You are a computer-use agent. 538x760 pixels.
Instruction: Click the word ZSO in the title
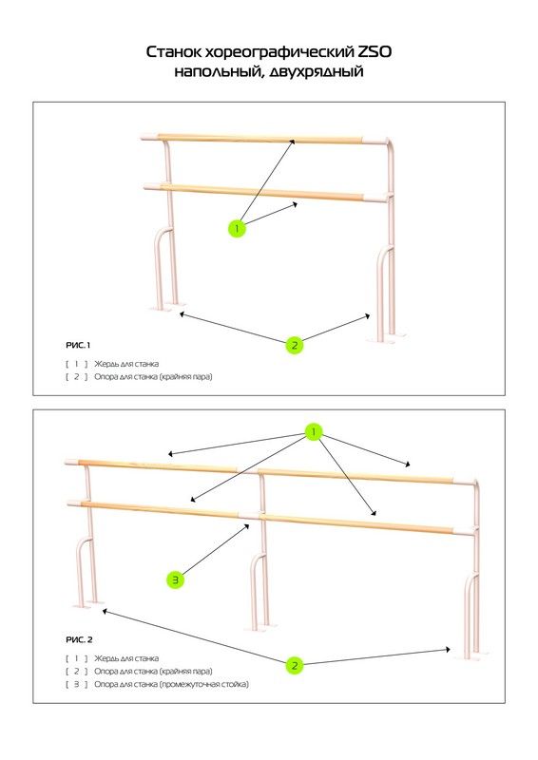(x=374, y=51)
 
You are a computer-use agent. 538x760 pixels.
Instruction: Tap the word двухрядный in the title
(x=316, y=72)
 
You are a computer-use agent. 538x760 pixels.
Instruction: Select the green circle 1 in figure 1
(x=237, y=228)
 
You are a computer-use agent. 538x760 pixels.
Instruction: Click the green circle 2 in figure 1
(x=294, y=346)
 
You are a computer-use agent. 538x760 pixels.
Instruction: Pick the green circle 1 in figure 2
(x=314, y=431)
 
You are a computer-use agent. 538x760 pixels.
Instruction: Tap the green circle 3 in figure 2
(x=176, y=579)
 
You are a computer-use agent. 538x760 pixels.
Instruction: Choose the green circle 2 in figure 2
(x=294, y=666)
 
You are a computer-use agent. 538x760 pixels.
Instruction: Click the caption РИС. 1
(x=78, y=345)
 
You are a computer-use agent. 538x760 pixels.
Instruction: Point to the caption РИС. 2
(x=79, y=639)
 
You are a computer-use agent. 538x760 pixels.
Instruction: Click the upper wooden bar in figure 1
(x=260, y=138)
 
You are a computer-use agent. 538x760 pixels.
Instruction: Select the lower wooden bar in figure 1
(x=262, y=192)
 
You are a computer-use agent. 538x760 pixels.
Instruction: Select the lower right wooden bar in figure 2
(x=357, y=524)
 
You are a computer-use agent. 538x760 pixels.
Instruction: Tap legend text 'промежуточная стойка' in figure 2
(x=205, y=684)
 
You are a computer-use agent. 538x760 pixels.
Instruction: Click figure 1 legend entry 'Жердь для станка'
(x=126, y=364)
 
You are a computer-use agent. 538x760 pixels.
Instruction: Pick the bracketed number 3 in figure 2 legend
(x=77, y=684)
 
